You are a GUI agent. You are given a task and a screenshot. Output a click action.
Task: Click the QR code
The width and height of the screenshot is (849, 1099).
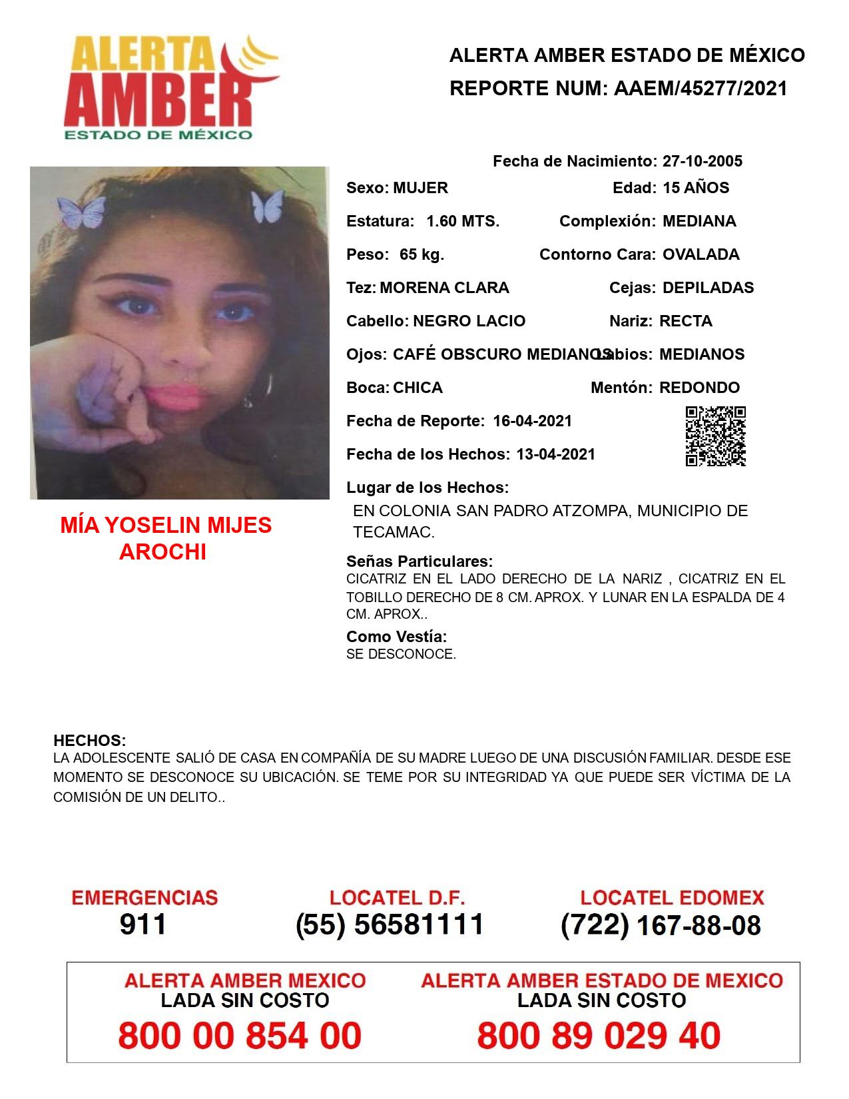click(x=716, y=436)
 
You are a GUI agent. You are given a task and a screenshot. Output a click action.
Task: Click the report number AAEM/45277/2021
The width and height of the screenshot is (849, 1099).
click(x=701, y=89)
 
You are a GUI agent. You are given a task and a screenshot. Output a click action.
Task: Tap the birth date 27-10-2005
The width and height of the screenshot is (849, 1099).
click(x=702, y=161)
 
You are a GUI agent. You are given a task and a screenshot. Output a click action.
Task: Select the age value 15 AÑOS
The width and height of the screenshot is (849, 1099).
click(x=696, y=188)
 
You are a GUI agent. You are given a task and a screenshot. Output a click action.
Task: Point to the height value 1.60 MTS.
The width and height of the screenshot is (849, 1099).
click(x=463, y=221)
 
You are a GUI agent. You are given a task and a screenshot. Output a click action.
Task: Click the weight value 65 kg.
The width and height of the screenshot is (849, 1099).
click(x=422, y=254)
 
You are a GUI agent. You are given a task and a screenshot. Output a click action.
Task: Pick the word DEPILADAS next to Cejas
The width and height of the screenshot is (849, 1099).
click(x=708, y=288)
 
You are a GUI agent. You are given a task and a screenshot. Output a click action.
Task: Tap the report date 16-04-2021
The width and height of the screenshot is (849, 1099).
click(x=533, y=421)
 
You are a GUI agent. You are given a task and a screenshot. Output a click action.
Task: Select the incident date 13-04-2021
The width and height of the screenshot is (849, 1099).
click(x=556, y=454)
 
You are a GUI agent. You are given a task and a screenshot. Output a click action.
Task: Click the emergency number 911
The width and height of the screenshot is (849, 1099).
click(x=142, y=924)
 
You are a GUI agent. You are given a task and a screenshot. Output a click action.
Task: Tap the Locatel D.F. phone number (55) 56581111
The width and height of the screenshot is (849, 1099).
click(x=390, y=924)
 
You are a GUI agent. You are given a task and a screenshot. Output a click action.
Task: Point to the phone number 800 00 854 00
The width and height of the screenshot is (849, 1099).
click(x=240, y=1036)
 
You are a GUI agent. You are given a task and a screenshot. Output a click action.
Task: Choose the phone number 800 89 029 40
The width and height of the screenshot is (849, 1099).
click(x=599, y=1036)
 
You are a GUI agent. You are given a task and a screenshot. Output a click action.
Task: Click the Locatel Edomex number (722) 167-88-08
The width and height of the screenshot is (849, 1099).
click(x=661, y=925)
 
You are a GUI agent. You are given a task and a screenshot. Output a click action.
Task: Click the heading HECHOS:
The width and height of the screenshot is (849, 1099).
click(x=90, y=741)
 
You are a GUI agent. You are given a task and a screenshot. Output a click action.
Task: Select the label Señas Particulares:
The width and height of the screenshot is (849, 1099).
click(x=420, y=561)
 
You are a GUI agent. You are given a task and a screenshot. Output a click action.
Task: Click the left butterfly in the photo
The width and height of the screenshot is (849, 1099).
click(x=81, y=211)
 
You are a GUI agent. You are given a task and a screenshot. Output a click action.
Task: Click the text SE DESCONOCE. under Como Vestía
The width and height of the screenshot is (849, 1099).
click(x=401, y=654)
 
